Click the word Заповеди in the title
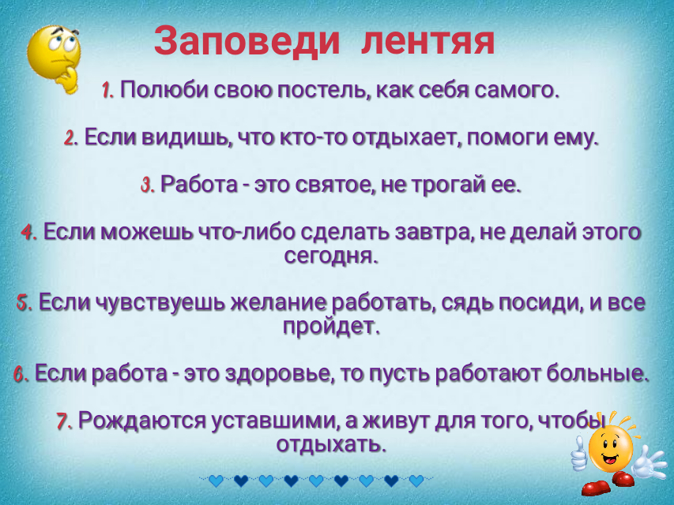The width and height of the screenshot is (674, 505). [x=247, y=41]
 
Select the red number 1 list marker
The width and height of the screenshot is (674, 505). [x=107, y=91]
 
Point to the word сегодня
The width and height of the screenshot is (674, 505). [x=331, y=256]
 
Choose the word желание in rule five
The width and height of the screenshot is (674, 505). [x=281, y=302]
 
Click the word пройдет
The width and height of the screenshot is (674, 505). [x=331, y=327]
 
